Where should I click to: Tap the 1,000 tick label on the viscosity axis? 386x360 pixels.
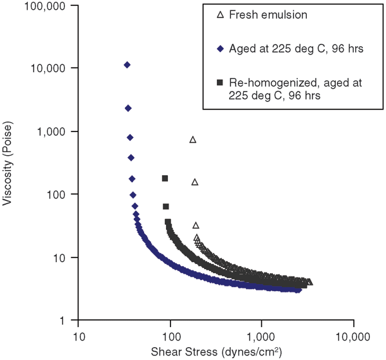[x=56, y=131]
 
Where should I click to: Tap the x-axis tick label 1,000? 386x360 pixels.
[x=261, y=336]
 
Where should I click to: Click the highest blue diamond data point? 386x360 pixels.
[x=127, y=65]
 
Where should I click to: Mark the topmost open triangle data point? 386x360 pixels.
[x=192, y=139]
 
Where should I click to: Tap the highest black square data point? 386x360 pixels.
[x=165, y=178]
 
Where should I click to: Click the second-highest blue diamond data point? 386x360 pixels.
[x=128, y=108]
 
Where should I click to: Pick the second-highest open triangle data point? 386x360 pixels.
[x=194, y=182]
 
